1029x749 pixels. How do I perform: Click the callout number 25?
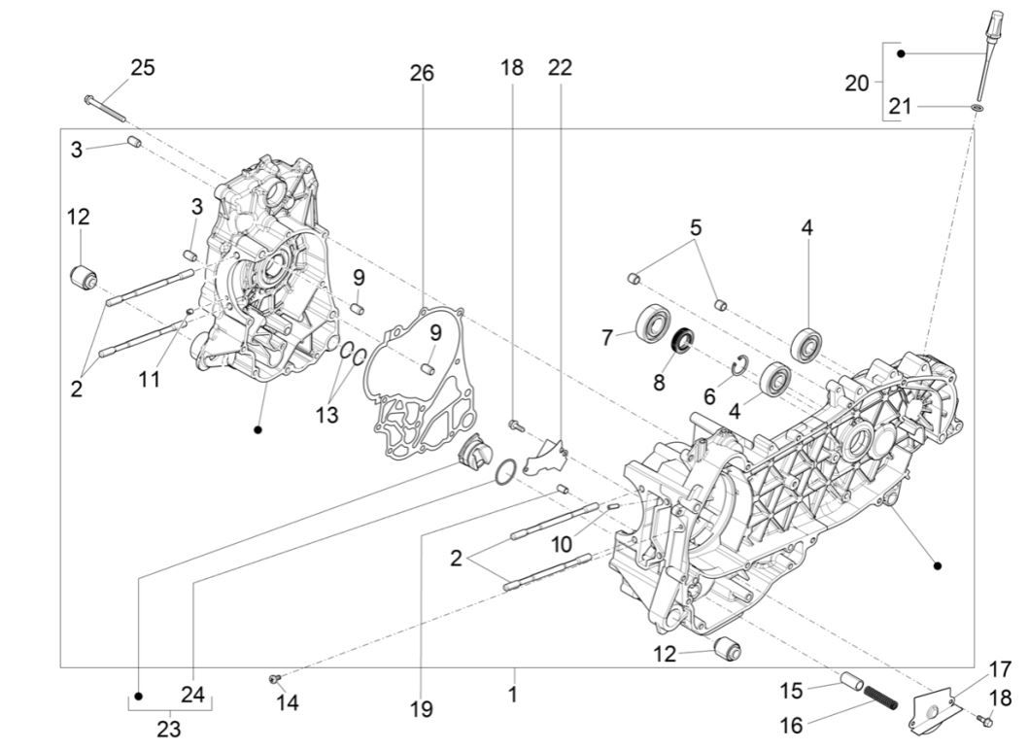pos(143,68)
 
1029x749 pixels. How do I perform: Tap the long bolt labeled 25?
pos(107,108)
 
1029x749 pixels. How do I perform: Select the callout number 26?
pos(422,74)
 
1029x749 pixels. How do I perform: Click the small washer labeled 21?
pos(975,106)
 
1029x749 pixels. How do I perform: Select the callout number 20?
pos(856,84)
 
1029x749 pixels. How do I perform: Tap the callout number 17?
pos(1000,669)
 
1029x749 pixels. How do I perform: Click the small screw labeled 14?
pos(275,678)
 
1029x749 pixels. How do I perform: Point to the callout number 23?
pos(169,729)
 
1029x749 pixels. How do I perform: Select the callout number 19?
pos(421,710)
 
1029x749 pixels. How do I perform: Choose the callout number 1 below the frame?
pos(512,696)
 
